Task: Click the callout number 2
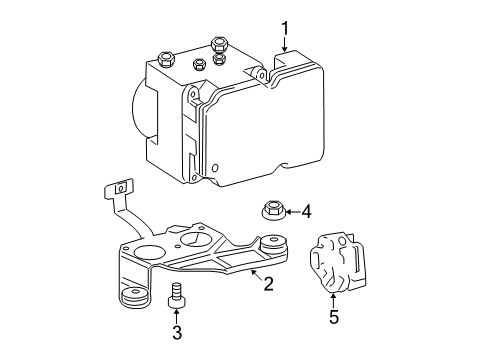click(x=268, y=283)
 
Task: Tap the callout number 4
click(x=306, y=211)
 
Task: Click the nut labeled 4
click(x=271, y=212)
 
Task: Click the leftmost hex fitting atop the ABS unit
click(x=165, y=57)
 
